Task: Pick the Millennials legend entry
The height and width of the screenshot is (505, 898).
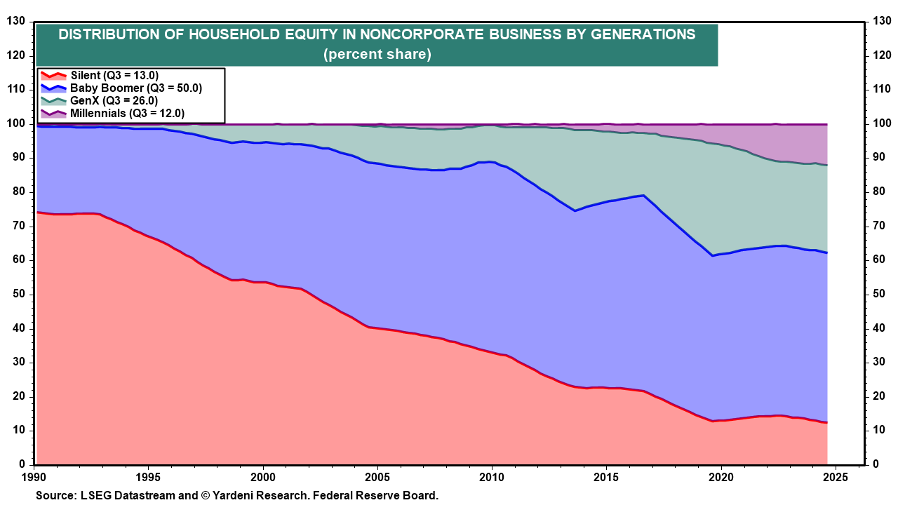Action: pyautogui.click(x=116, y=113)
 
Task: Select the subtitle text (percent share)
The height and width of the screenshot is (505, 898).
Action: pyautogui.click(x=377, y=54)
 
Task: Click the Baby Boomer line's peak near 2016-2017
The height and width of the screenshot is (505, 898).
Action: pyautogui.click(x=643, y=196)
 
